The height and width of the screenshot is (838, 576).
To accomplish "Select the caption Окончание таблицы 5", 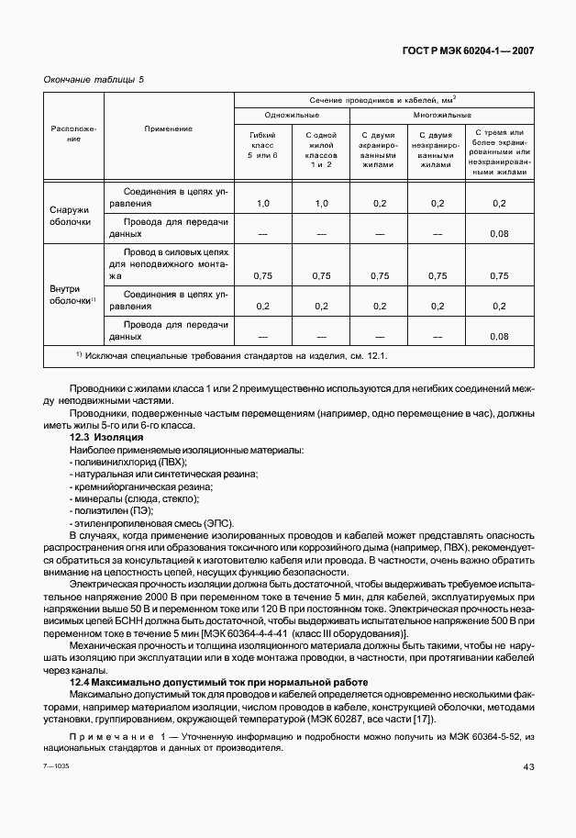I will (94, 80).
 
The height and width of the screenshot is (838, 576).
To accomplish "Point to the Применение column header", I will (169, 128).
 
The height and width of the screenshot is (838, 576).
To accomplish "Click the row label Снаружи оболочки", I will (70, 216).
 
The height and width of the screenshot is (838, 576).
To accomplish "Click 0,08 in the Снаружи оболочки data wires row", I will (499, 234).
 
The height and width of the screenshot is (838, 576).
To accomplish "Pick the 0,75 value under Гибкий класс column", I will (262, 275).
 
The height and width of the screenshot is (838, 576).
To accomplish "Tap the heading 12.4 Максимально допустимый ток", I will (219, 682).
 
